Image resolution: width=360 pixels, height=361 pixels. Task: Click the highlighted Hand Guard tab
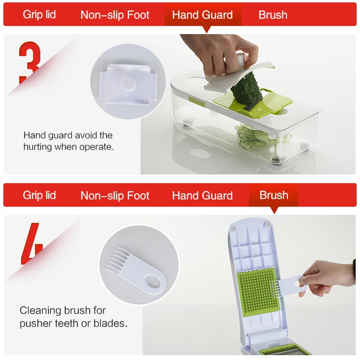tap(203, 15)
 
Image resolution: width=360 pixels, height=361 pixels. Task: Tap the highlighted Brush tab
tap(274, 196)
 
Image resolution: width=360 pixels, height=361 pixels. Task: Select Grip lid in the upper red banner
tap(39, 15)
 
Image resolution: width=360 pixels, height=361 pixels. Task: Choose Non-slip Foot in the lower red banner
tap(115, 196)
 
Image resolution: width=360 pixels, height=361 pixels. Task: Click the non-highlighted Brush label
tap(273, 15)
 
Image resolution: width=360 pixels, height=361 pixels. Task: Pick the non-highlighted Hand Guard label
tap(202, 196)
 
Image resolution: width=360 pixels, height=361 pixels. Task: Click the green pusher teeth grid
tap(257, 292)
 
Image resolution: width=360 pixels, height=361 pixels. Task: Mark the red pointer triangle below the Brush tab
tap(274, 210)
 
